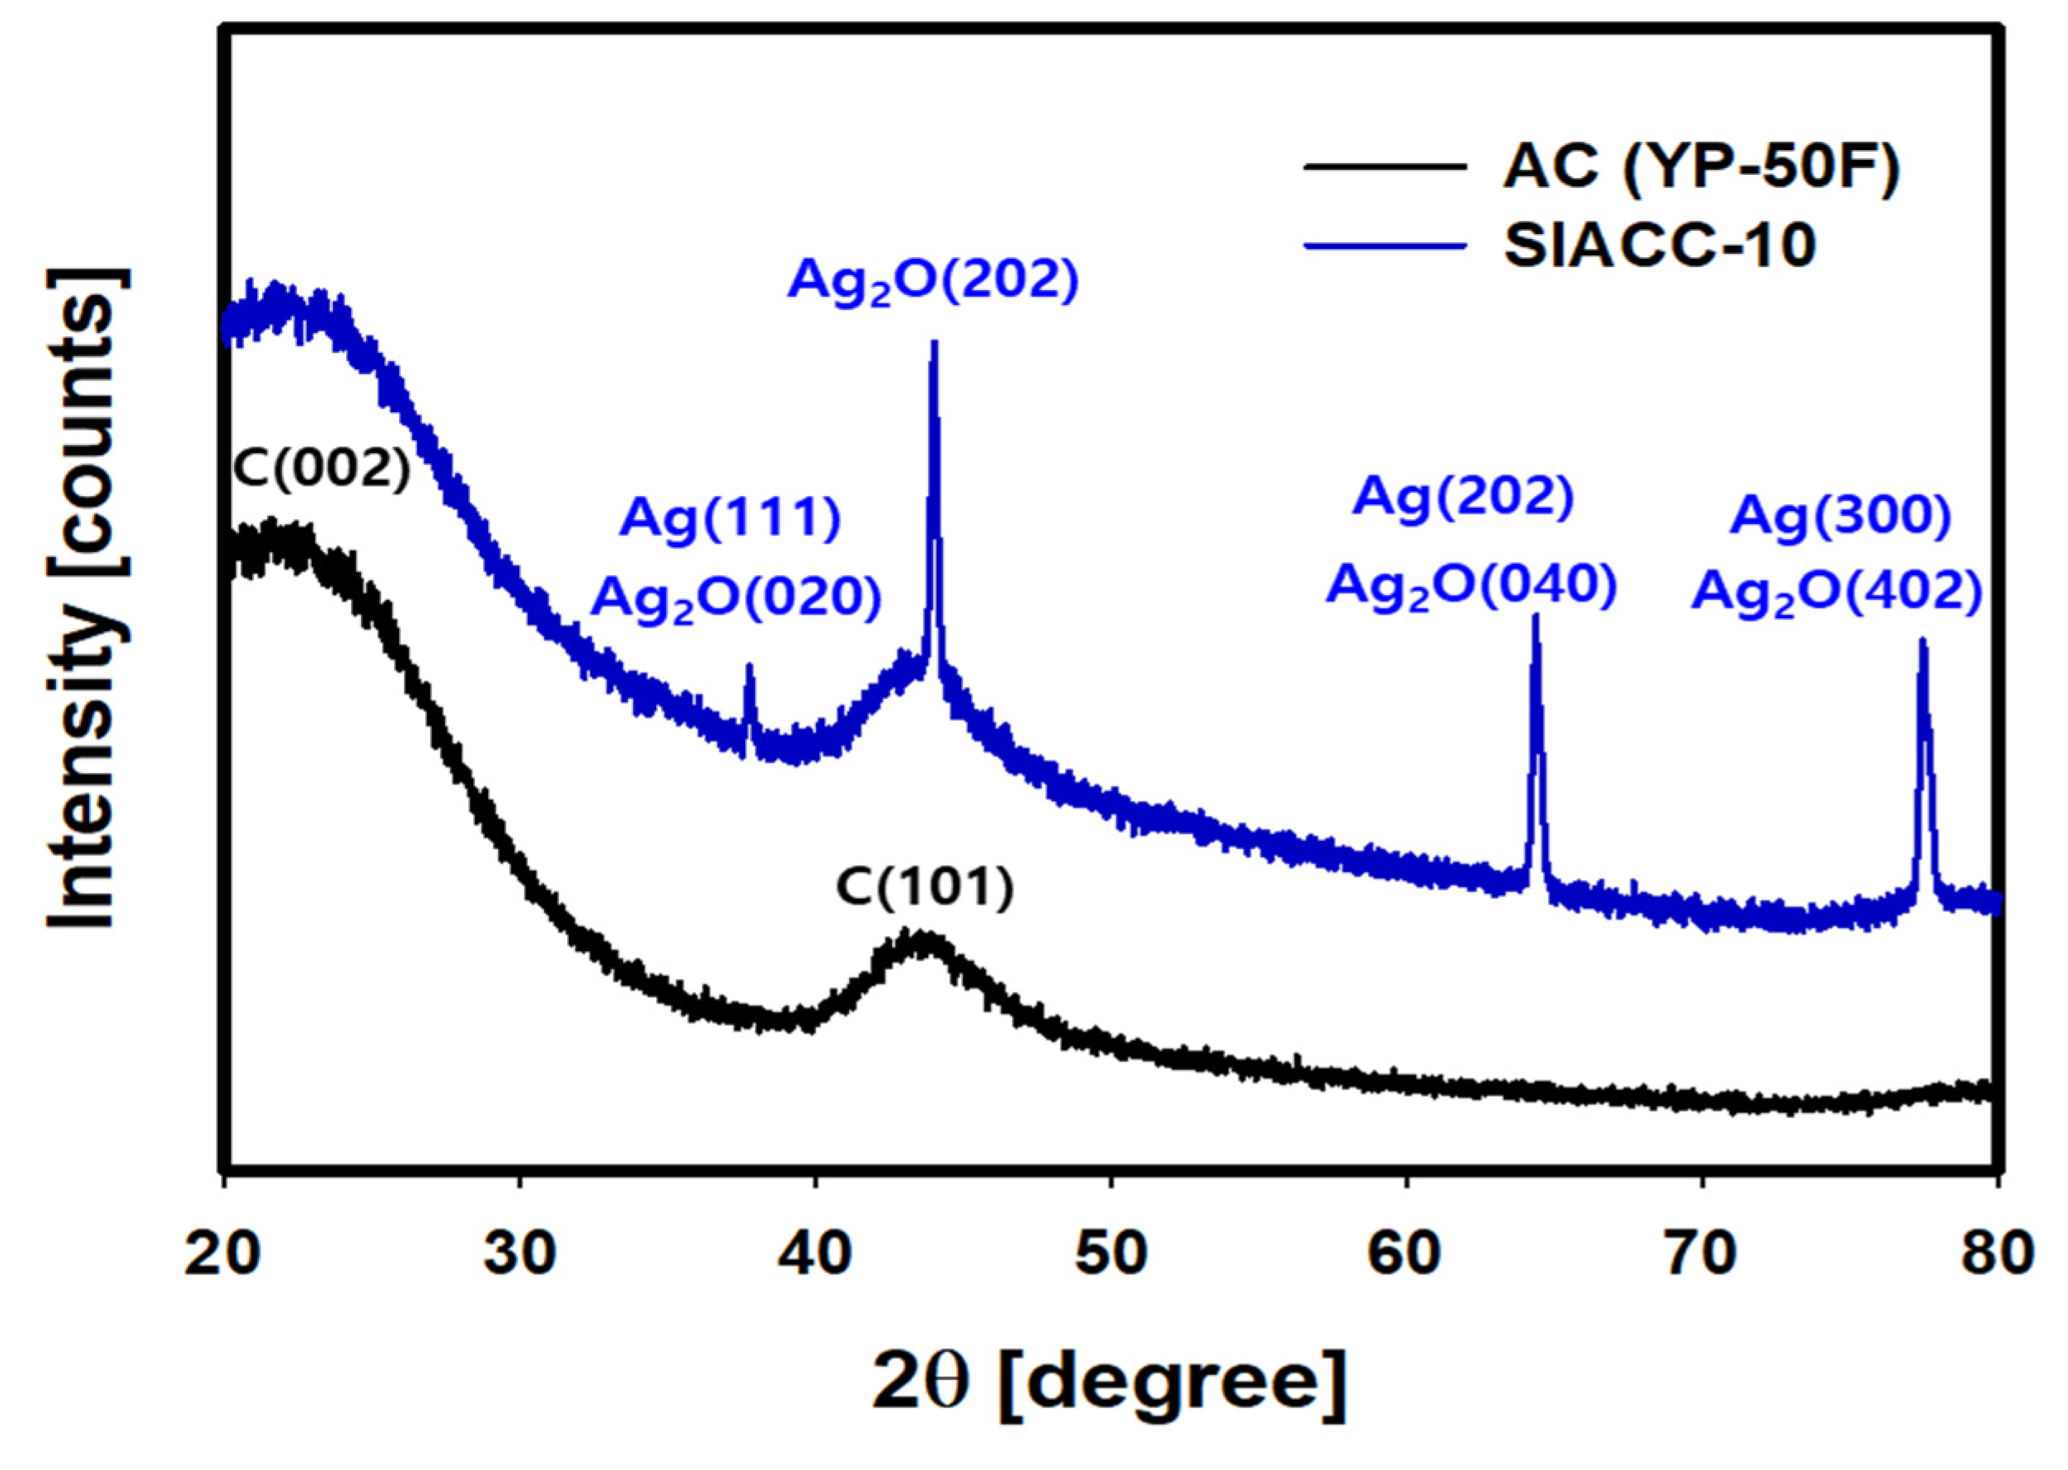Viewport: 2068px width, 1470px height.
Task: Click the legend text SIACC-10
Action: click(1660, 246)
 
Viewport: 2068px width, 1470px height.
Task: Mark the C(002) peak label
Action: click(322, 470)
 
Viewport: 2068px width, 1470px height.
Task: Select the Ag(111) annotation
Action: click(729, 520)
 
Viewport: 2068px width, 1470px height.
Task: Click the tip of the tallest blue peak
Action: click(935, 343)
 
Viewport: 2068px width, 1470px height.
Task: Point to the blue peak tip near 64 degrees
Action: click(1535, 617)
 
